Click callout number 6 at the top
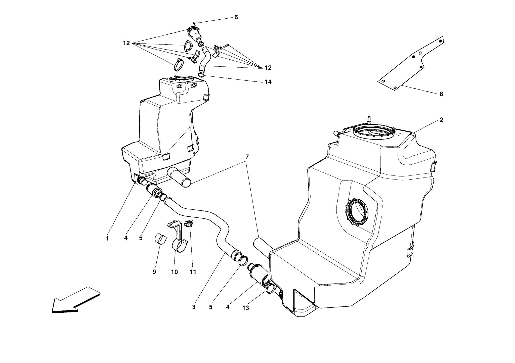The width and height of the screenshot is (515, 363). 236,17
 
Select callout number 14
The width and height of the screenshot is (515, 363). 268,82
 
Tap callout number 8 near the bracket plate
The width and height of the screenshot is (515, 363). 441,94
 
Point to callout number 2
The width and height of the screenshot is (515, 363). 441,120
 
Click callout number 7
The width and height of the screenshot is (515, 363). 247,157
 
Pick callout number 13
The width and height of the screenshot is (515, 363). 245,308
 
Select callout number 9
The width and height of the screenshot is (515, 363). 154,272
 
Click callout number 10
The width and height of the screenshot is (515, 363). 174,272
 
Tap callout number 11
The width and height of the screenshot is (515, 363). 193,272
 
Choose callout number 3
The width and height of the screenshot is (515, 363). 194,307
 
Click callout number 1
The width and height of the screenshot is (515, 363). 107,238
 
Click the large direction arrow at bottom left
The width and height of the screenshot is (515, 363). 75,300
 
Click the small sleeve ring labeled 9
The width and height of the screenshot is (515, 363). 160,239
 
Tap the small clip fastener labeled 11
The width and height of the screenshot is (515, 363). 189,223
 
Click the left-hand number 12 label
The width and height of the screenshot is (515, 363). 126,43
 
